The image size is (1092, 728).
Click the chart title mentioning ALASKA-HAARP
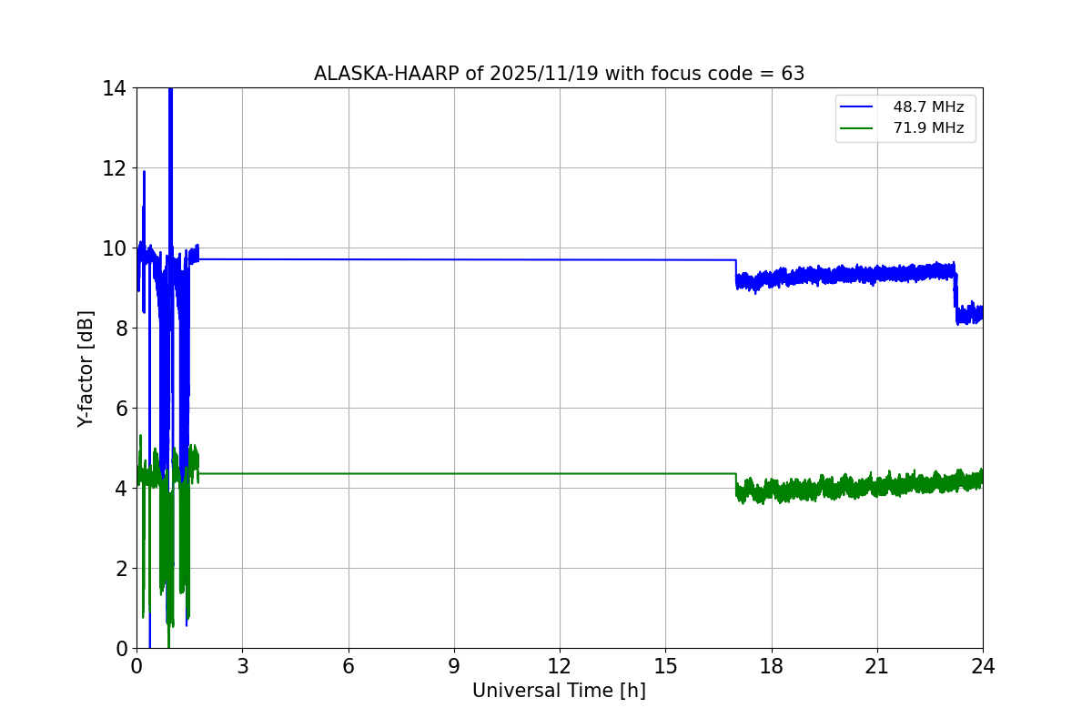(x=559, y=74)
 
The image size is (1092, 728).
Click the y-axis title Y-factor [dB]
(x=86, y=369)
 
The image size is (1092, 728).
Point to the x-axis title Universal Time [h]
(x=559, y=691)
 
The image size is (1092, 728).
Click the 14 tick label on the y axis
(x=116, y=88)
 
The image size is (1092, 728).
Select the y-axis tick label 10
(x=116, y=248)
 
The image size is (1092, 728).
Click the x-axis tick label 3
(x=242, y=666)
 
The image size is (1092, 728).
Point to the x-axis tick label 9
(x=454, y=666)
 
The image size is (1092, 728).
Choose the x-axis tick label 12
(x=560, y=666)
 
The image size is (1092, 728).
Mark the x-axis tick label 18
(x=772, y=666)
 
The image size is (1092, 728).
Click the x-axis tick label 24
(x=983, y=666)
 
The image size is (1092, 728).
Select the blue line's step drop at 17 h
(x=735, y=271)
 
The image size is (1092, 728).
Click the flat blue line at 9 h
(x=454, y=259)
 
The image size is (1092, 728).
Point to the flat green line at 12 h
(x=560, y=473)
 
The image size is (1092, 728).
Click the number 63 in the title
(x=793, y=74)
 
